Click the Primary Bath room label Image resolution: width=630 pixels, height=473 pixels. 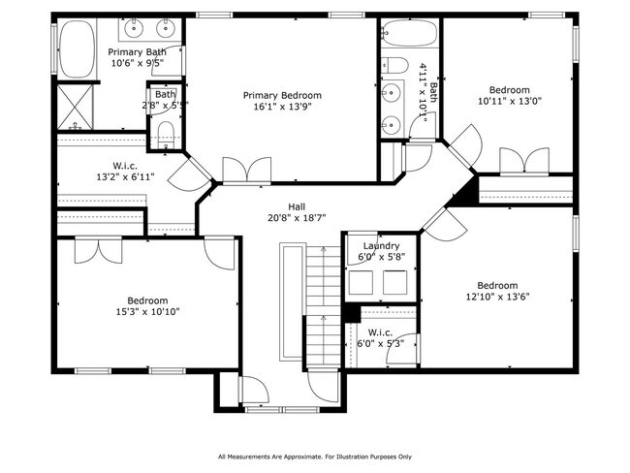tap(136, 51)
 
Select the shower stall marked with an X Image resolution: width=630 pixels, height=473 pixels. tap(74, 106)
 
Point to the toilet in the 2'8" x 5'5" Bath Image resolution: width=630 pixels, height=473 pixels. tap(166, 132)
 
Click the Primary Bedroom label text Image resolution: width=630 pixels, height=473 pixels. tap(282, 95)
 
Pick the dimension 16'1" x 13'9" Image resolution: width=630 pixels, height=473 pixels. tap(282, 109)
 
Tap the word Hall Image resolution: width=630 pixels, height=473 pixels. tap(297, 206)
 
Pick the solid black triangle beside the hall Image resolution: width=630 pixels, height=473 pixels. tap(469, 190)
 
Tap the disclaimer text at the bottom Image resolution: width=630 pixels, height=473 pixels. tap(315, 456)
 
